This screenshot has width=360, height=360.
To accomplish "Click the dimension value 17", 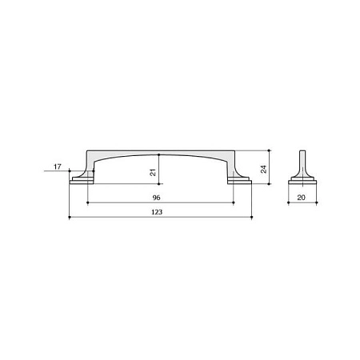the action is (58, 167).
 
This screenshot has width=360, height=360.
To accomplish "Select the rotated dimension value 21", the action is (153, 173).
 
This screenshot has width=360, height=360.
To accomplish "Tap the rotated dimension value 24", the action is (263, 169).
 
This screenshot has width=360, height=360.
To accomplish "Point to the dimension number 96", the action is (157, 198).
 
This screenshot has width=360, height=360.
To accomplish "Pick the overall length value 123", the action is (157, 212).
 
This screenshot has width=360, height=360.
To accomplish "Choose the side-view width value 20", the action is (301, 198).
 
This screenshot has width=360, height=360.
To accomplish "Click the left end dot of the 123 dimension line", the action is (70, 218).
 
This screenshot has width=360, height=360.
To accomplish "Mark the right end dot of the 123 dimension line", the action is (252, 218).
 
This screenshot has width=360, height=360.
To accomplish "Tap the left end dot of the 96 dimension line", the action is (88, 202).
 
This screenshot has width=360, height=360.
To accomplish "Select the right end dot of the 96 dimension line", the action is (234, 202).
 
